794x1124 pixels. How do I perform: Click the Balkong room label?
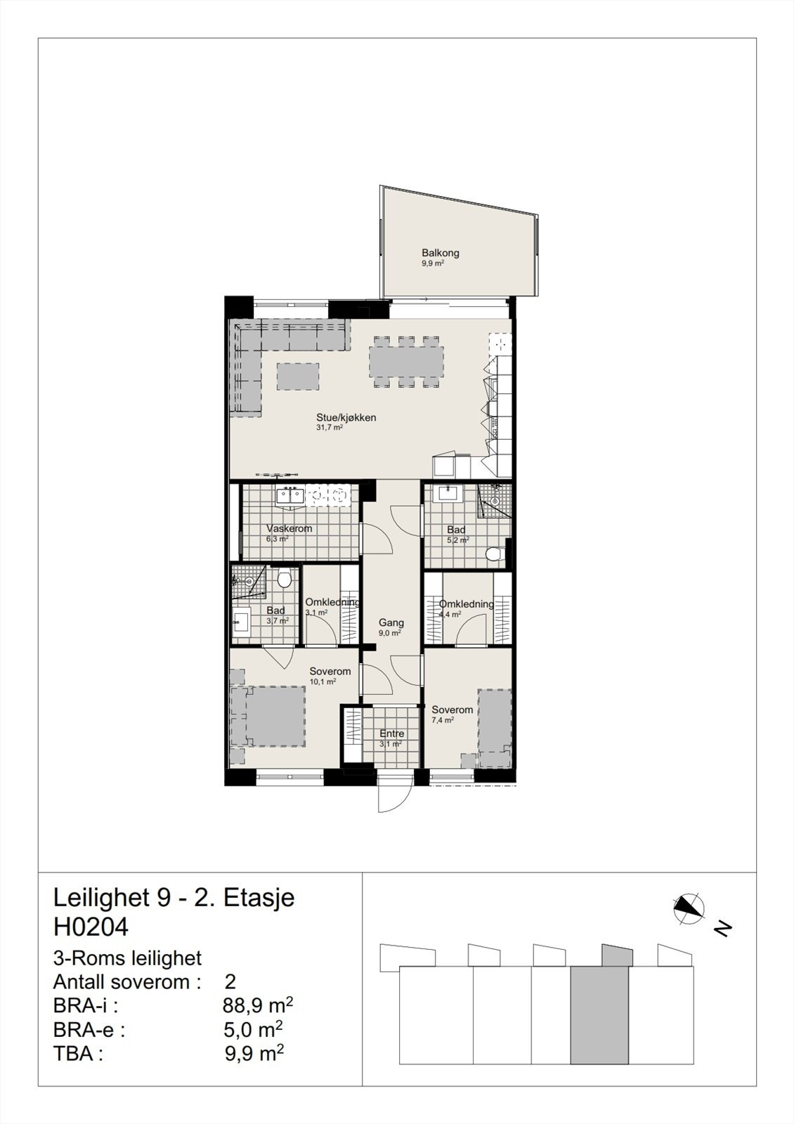(x=441, y=253)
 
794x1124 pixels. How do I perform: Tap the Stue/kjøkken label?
(x=346, y=417)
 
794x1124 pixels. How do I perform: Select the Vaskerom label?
(x=289, y=528)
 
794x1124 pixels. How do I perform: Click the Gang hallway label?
(x=391, y=622)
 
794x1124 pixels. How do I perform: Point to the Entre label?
(x=391, y=733)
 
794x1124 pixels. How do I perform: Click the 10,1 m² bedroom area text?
(x=323, y=681)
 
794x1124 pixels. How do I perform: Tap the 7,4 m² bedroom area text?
(x=443, y=720)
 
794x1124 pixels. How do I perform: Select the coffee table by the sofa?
(x=298, y=376)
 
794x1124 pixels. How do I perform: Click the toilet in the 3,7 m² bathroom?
(x=284, y=580)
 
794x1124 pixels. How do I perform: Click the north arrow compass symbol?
(x=689, y=908)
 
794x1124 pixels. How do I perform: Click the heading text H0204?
(x=91, y=927)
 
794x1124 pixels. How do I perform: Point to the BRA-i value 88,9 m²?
(x=257, y=1006)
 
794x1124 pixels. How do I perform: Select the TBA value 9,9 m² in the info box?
(x=254, y=1053)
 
